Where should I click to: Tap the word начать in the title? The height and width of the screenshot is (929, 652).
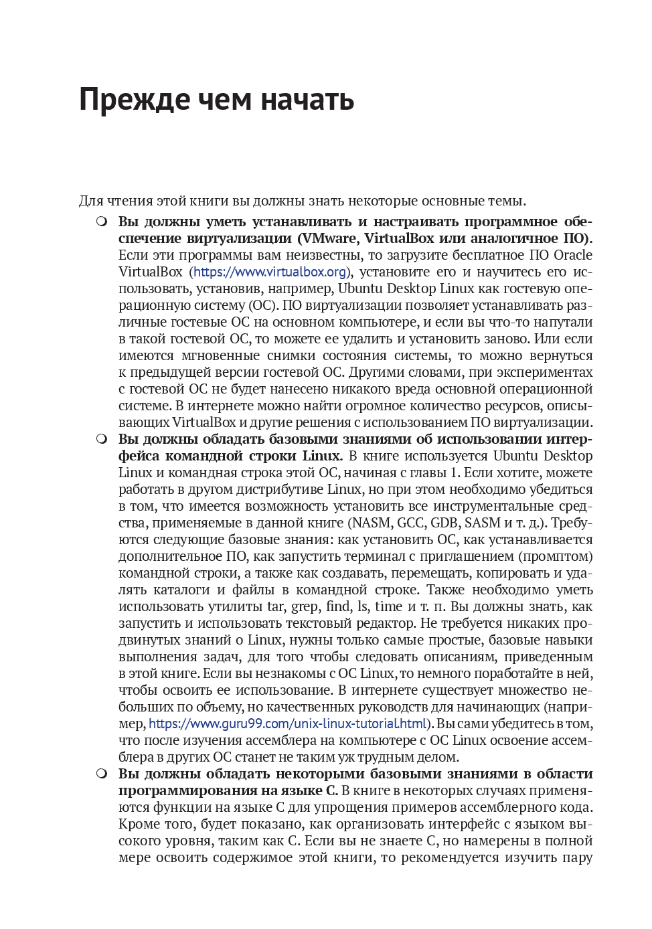pyautogui.click(x=307, y=100)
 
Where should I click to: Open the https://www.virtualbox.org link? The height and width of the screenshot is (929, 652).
pyautogui.click(x=270, y=272)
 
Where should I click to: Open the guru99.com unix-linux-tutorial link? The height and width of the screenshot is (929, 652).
pyautogui.click(x=288, y=724)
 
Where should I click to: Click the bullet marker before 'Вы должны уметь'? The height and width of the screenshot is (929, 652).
pyautogui.click(x=101, y=221)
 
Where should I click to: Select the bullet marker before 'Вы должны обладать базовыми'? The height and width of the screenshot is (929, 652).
pyautogui.click(x=101, y=438)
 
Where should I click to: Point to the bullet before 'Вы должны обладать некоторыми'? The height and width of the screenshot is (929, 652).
pyautogui.click(x=101, y=773)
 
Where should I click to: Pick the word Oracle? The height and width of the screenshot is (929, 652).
pyautogui.click(x=573, y=255)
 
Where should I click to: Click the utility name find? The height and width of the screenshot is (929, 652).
pyautogui.click(x=338, y=606)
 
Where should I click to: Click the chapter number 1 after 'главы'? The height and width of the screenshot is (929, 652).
pyautogui.click(x=454, y=473)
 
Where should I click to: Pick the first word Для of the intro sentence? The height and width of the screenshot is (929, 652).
pyautogui.click(x=91, y=201)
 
